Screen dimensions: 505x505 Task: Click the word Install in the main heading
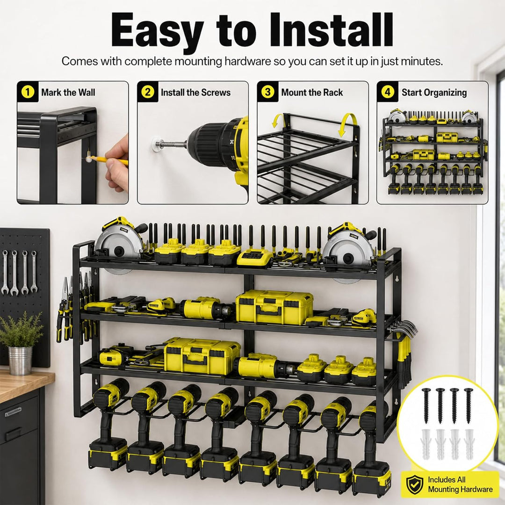(332, 30)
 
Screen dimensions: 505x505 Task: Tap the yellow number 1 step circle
(28, 92)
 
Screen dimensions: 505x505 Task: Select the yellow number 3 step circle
(267, 92)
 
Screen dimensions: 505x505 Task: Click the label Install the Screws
(195, 93)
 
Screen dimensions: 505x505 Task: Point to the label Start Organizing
(434, 93)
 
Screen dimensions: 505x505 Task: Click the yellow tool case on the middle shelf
(274, 307)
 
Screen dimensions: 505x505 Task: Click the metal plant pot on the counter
(20, 361)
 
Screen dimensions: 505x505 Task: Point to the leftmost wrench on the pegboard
(5, 273)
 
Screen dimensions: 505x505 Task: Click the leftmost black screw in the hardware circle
(426, 406)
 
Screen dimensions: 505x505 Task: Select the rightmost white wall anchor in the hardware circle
(469, 444)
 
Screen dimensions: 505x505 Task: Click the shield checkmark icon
(414, 484)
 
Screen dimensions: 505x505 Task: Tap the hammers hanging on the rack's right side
(404, 351)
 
